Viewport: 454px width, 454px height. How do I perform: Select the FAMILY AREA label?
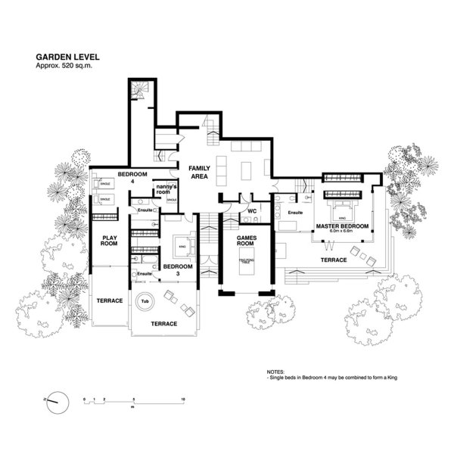[x=199, y=171]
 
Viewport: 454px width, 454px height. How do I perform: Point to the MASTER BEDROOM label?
[x=342, y=226]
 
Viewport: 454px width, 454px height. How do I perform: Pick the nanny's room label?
[x=165, y=189]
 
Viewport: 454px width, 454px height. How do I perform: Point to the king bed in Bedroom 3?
[x=182, y=247]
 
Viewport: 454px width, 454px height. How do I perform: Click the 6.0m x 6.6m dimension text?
[x=342, y=233]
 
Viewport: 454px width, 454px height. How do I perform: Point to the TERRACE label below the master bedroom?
[x=334, y=260]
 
